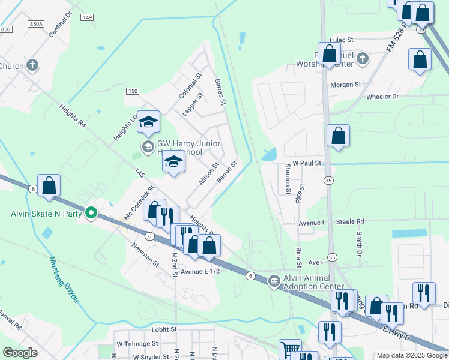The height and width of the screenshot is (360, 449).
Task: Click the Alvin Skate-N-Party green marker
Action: (x=91, y=212)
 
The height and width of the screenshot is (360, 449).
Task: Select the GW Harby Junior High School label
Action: (x=188, y=148)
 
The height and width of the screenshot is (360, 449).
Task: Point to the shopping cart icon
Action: (x=290, y=349)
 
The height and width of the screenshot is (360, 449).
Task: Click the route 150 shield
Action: (x=132, y=91)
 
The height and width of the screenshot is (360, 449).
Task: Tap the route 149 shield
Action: (x=88, y=17)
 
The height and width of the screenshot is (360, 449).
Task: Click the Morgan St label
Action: (x=345, y=85)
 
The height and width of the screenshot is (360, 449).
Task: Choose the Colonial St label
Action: (x=188, y=87)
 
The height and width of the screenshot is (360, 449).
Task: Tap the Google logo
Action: (x=20, y=353)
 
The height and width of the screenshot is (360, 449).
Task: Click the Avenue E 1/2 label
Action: (x=201, y=271)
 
